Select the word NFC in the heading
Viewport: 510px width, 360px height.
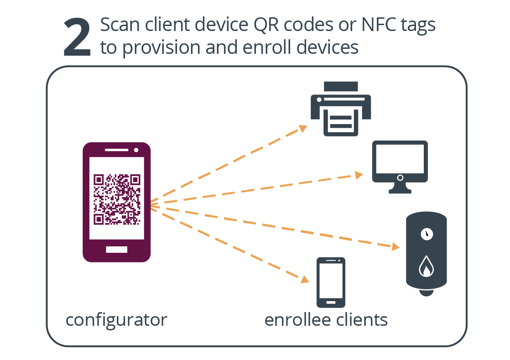click(x=374, y=25)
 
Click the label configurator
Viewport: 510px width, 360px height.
click(x=116, y=320)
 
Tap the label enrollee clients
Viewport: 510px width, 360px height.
click(x=326, y=320)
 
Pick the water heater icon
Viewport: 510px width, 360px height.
click(x=427, y=254)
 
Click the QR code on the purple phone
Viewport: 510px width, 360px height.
click(x=117, y=199)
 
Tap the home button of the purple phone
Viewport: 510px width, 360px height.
click(x=117, y=250)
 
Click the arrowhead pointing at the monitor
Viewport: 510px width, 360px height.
click(x=359, y=175)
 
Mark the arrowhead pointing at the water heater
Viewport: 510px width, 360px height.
click(x=396, y=247)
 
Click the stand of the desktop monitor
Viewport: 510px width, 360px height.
click(x=400, y=189)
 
